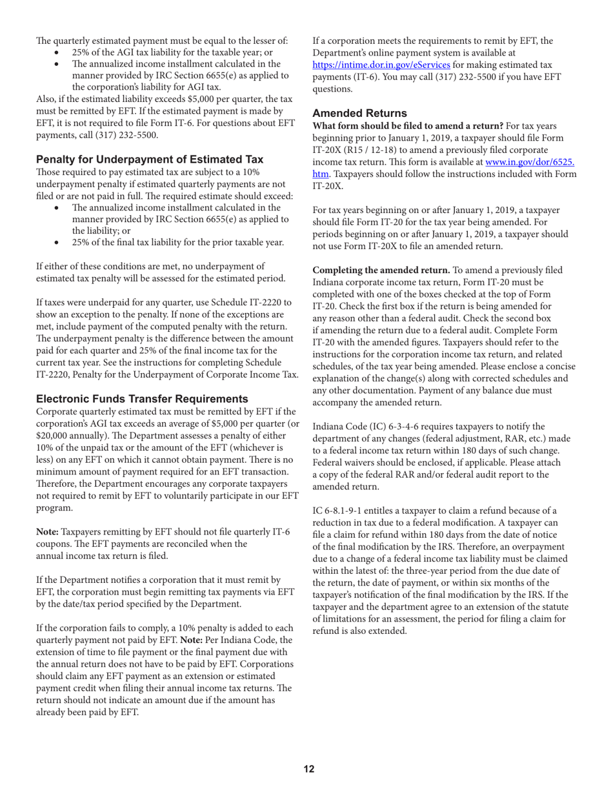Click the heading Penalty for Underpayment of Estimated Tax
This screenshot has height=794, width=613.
150,159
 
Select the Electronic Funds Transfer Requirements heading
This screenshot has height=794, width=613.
142,398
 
